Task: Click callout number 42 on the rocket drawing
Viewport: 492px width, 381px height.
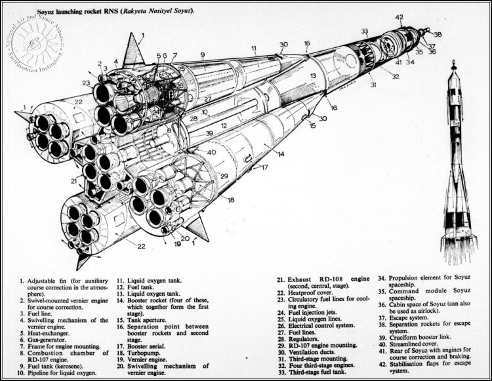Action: tap(400, 17)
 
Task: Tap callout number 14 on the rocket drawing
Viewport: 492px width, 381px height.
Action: tap(281, 155)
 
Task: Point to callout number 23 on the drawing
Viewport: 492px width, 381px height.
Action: tap(87, 83)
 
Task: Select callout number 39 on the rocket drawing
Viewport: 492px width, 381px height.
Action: tap(209, 133)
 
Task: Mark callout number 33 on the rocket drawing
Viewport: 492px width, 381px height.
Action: tap(365, 31)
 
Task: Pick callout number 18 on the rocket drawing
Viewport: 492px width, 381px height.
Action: tap(231, 199)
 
